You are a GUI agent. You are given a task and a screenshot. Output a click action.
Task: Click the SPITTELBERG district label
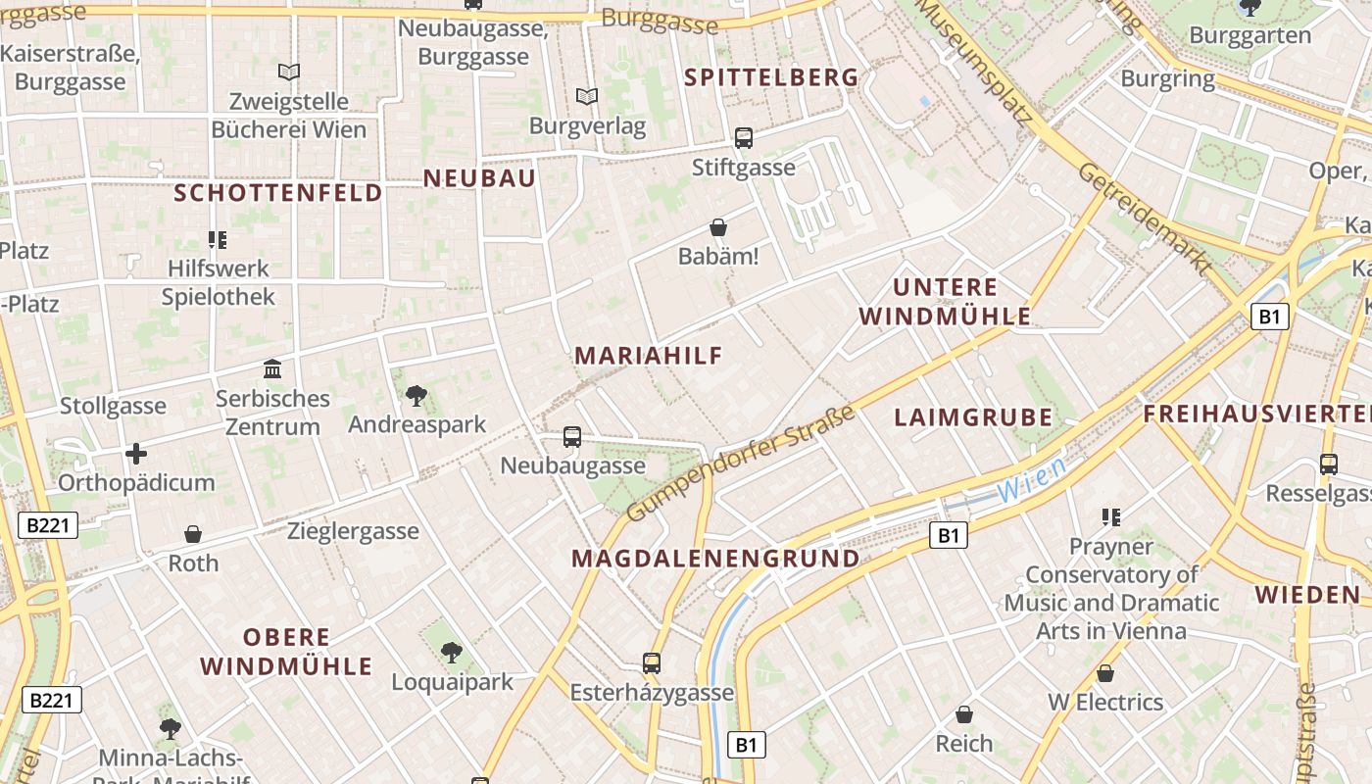(x=770, y=77)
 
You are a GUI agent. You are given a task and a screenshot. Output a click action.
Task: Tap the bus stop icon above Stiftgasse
(x=744, y=138)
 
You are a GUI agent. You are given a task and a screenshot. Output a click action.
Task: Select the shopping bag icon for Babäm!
(x=718, y=227)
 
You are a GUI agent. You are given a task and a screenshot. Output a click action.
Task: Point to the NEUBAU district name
(x=479, y=177)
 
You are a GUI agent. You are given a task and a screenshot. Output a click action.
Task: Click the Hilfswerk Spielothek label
(x=219, y=282)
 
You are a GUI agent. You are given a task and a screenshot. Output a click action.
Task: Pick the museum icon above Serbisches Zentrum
(x=272, y=369)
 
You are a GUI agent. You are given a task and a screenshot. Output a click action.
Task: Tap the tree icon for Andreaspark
(x=416, y=396)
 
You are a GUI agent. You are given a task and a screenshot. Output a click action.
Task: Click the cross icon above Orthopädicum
(x=136, y=454)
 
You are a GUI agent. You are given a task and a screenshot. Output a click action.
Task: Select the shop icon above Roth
(x=193, y=534)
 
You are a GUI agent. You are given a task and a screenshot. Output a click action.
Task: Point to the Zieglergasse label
(x=353, y=531)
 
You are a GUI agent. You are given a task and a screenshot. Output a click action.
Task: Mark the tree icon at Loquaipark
(x=451, y=652)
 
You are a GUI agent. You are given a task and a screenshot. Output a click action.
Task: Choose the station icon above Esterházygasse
(x=652, y=663)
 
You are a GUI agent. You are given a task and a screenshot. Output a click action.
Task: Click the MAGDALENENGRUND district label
(x=715, y=559)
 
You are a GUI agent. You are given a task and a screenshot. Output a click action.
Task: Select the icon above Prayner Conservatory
(x=1110, y=516)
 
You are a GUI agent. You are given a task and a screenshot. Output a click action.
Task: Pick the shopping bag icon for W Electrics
(x=1105, y=673)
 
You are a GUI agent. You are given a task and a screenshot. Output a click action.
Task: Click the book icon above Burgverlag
(x=587, y=96)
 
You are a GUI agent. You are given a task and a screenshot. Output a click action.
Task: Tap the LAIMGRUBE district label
(x=972, y=417)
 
